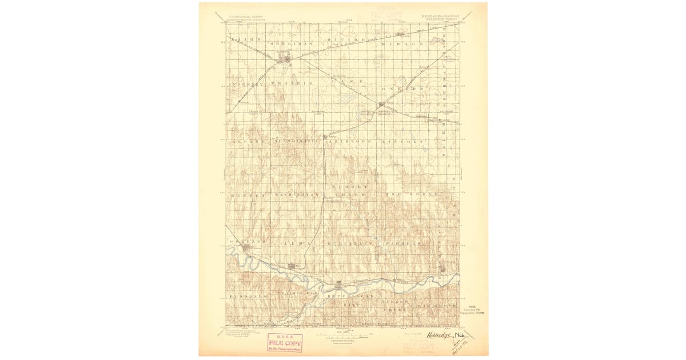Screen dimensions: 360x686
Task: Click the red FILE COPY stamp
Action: (x=285, y=342)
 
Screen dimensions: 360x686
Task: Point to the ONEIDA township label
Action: (x=403, y=89)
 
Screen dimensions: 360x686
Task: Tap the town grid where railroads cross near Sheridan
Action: (x=284, y=58)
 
